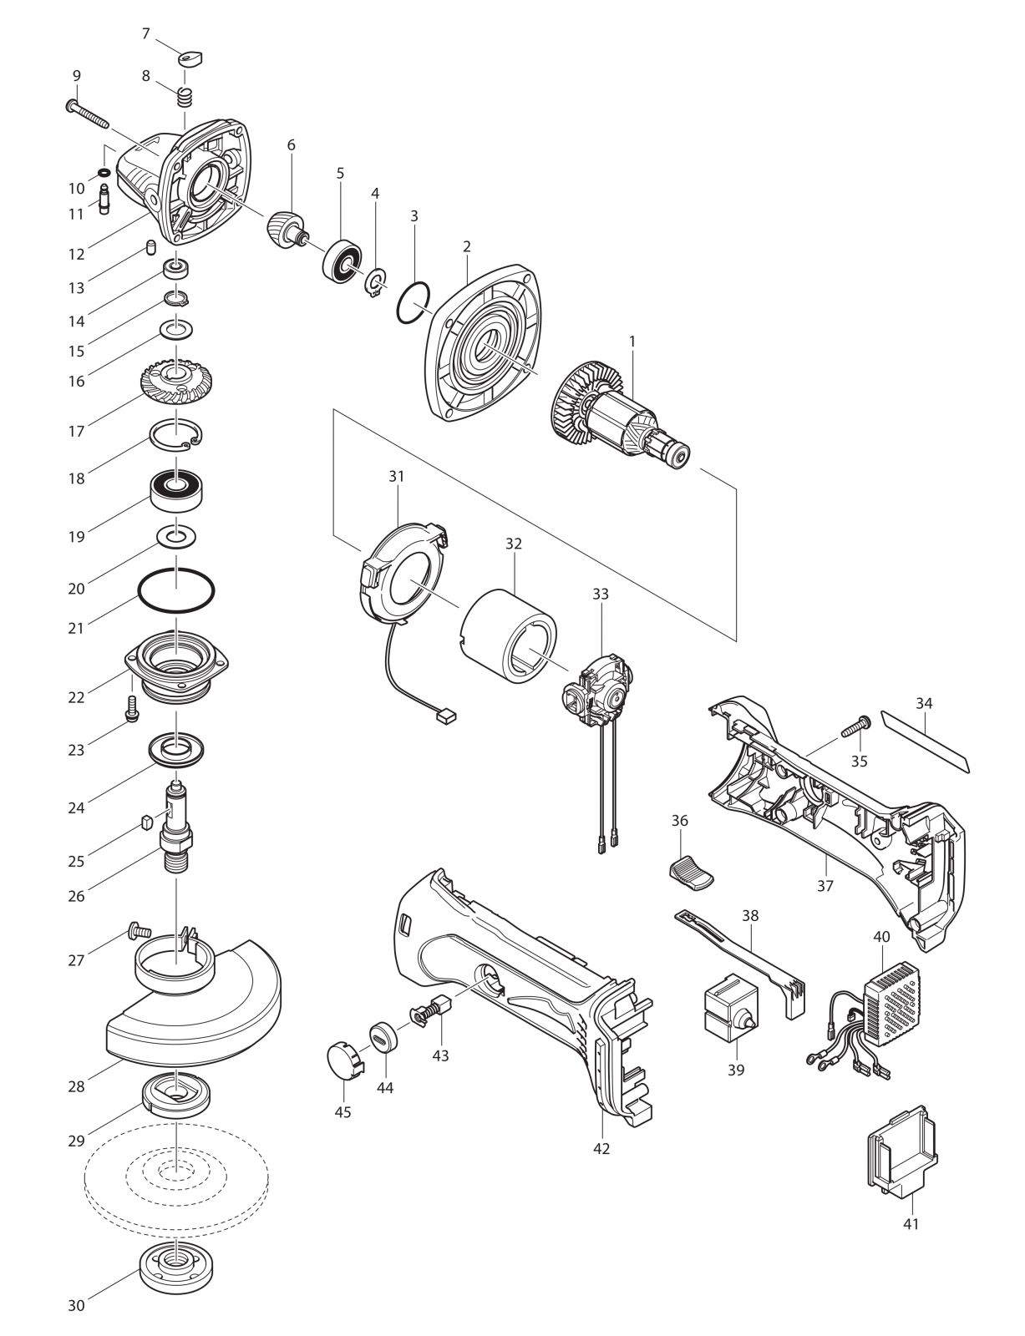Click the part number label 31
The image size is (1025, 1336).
[x=397, y=476]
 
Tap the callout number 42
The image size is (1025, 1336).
[x=601, y=1148]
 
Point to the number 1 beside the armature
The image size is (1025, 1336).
[x=632, y=341]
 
